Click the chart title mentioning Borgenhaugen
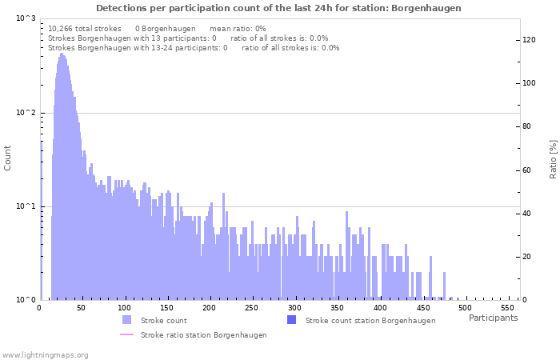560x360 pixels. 278,8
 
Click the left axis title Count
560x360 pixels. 8,158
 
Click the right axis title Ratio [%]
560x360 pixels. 553,158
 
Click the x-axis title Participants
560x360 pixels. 493,318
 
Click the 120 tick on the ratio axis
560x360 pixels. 529,39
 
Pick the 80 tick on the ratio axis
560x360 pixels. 526,126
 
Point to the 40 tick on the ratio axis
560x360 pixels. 526,214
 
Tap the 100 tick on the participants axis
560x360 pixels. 125,308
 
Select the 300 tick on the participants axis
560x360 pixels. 295,308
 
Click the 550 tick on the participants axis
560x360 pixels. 508,308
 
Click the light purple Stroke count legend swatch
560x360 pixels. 126,320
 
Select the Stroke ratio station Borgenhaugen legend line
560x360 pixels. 126,334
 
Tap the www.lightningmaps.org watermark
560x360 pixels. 45,354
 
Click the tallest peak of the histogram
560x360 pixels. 61,54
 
